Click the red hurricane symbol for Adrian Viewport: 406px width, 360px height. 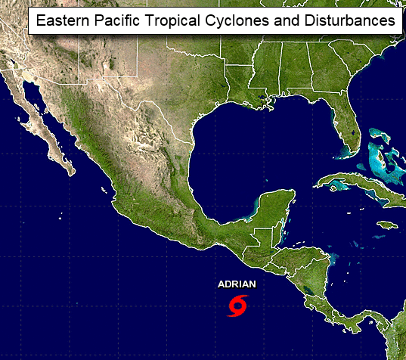237,306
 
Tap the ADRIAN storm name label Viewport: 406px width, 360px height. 237,284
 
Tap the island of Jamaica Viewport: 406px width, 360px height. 389,225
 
